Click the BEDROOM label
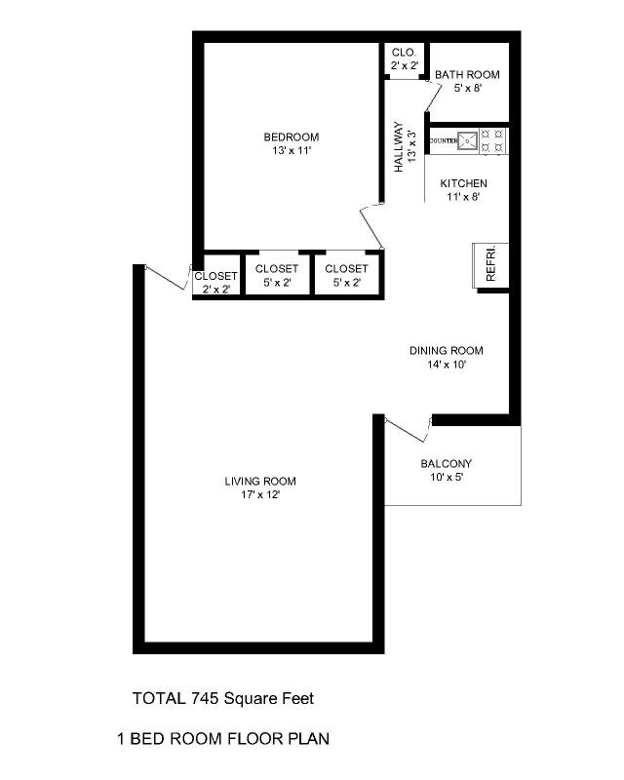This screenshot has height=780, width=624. (291, 137)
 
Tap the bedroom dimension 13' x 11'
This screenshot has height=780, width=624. (291, 151)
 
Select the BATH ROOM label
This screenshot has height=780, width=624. (467, 75)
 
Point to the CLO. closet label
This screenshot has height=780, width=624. (404, 52)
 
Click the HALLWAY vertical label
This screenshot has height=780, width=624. (399, 147)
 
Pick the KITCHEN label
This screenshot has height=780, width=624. (463, 183)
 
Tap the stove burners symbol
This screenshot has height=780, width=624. (494, 141)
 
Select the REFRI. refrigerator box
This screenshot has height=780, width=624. (486, 263)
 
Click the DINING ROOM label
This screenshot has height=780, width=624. (446, 351)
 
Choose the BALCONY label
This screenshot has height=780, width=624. (447, 464)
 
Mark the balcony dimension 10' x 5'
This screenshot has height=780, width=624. (447, 478)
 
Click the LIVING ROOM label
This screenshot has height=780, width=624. (260, 482)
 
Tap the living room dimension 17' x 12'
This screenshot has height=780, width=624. (260, 495)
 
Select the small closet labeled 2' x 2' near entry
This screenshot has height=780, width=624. (214, 283)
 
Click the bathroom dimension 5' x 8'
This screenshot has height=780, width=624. (468, 89)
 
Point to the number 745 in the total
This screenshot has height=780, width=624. (206, 698)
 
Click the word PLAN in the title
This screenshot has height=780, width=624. (308, 739)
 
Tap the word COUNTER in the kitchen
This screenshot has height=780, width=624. (443, 141)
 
